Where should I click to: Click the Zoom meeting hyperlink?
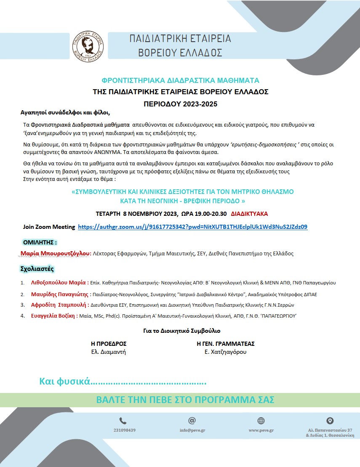click(192, 227)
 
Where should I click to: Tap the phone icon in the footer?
click(123, 420)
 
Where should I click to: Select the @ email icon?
click(192, 420)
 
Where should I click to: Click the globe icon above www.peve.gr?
click(261, 420)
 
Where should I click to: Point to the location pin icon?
click(330, 420)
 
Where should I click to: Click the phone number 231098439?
click(125, 430)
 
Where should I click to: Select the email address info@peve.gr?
click(192, 430)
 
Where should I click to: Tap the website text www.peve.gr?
click(261, 430)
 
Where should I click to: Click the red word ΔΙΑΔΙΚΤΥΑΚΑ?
click(249, 214)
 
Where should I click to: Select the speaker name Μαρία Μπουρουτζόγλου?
click(56, 254)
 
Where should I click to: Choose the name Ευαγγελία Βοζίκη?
click(54, 316)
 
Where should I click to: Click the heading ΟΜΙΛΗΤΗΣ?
click(39, 242)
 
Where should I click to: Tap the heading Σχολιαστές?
click(37, 268)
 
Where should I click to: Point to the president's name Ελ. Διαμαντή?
click(109, 352)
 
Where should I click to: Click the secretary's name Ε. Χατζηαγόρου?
click(225, 352)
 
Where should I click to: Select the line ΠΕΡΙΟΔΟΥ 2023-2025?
click(181, 103)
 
